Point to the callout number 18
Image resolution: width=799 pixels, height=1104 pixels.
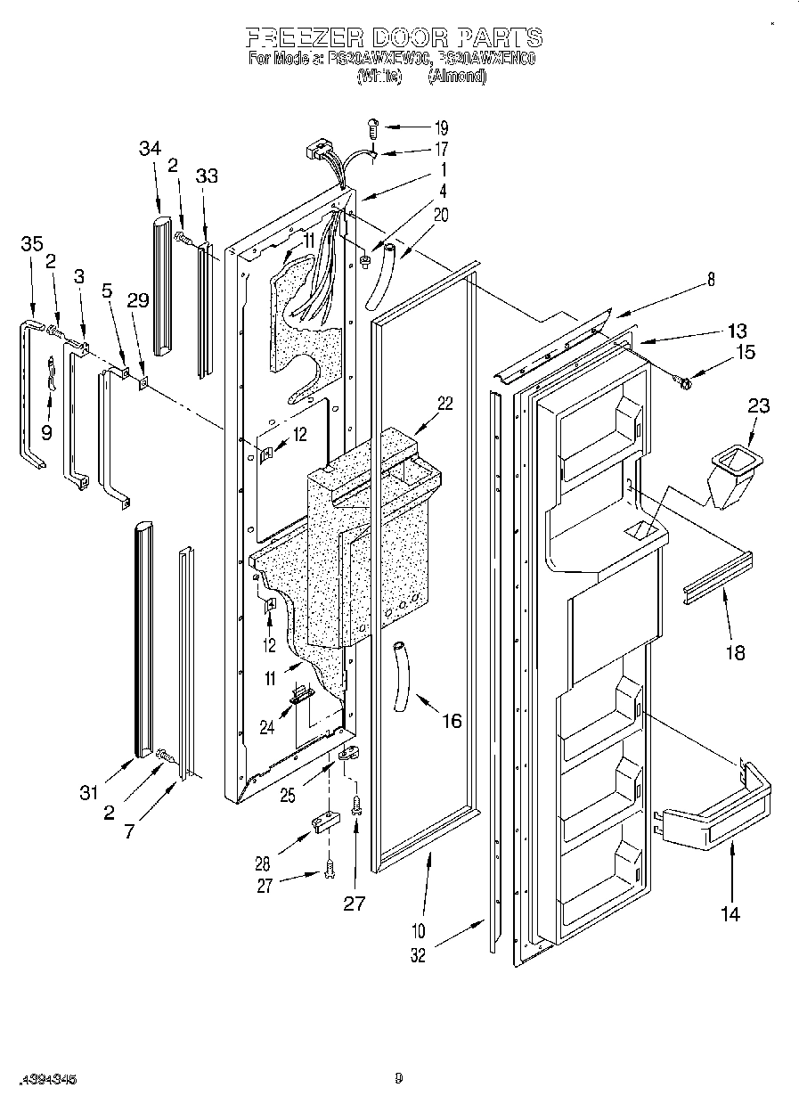pos(735,653)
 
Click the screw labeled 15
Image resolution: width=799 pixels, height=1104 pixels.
pos(684,380)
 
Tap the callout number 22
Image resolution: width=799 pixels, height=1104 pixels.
pos(444,403)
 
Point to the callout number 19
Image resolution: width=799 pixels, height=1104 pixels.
pos(442,127)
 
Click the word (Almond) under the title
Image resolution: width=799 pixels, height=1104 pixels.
pos(457,77)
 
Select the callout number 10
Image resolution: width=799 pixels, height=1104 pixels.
pos(418,932)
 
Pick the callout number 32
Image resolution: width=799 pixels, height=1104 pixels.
pos(418,955)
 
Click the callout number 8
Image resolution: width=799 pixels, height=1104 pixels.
pos(711,279)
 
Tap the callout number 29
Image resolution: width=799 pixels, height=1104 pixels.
pos(137,301)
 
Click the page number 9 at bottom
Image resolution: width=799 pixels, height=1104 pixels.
pos(399,1079)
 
